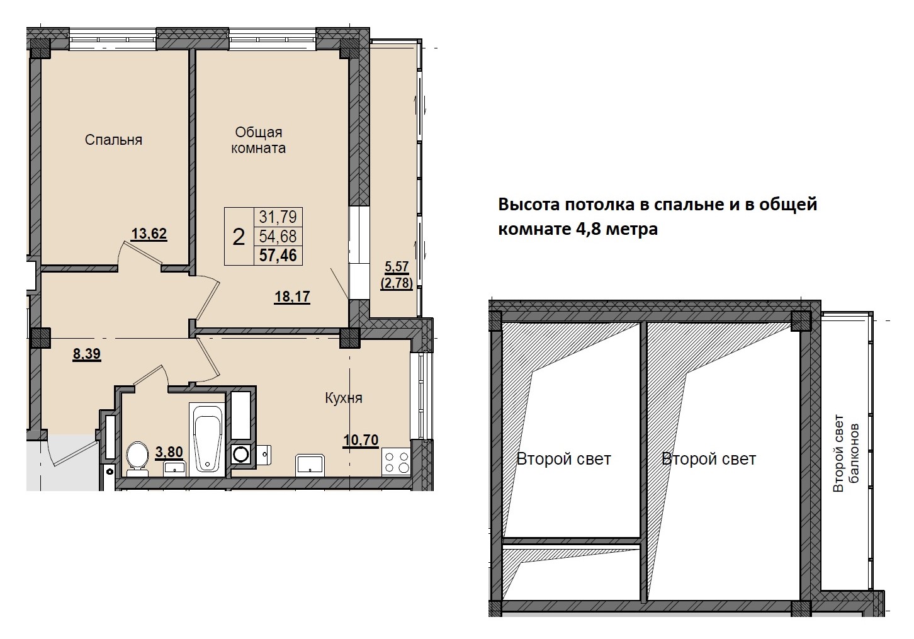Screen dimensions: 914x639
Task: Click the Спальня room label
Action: (x=113, y=140)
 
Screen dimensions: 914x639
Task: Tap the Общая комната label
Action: (x=258, y=140)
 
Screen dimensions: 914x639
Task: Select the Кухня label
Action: (x=344, y=398)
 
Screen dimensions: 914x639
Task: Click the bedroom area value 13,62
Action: (x=149, y=234)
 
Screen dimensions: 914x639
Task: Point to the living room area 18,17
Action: (x=292, y=297)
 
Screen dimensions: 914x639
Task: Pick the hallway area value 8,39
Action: (x=86, y=354)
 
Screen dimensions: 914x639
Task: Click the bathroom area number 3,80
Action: (x=169, y=452)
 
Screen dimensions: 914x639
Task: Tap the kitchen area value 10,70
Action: (x=361, y=440)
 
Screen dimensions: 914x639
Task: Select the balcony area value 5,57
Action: (x=397, y=266)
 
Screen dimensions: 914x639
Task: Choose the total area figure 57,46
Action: (x=278, y=256)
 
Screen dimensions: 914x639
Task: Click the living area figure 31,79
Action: (x=278, y=217)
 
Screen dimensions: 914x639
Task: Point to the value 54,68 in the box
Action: (x=278, y=236)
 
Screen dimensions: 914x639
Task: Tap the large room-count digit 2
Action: (x=239, y=237)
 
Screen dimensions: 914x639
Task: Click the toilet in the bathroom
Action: (x=137, y=459)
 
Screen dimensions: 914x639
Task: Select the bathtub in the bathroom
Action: (x=207, y=439)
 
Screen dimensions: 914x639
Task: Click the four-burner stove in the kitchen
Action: (x=396, y=462)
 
